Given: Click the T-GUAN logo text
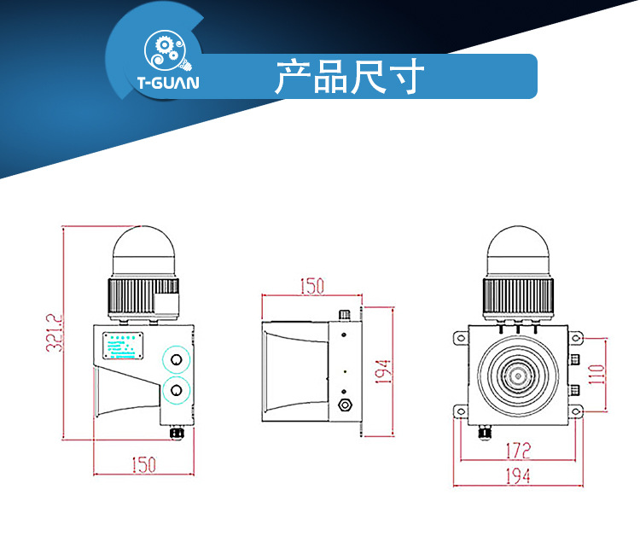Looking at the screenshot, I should click(166, 84).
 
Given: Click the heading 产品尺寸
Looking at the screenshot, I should click(349, 77).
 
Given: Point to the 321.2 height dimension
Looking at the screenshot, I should click(54, 335).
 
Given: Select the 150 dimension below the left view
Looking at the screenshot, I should click(143, 464).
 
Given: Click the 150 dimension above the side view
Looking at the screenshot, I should click(311, 286).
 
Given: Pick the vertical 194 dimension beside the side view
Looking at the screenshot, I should click(383, 371).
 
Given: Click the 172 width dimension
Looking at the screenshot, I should click(517, 448).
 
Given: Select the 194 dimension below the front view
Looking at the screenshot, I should click(518, 475).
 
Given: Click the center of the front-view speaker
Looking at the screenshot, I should click(517, 374).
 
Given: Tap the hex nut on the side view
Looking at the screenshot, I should click(346, 403).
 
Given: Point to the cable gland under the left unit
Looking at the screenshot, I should click(177, 433).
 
